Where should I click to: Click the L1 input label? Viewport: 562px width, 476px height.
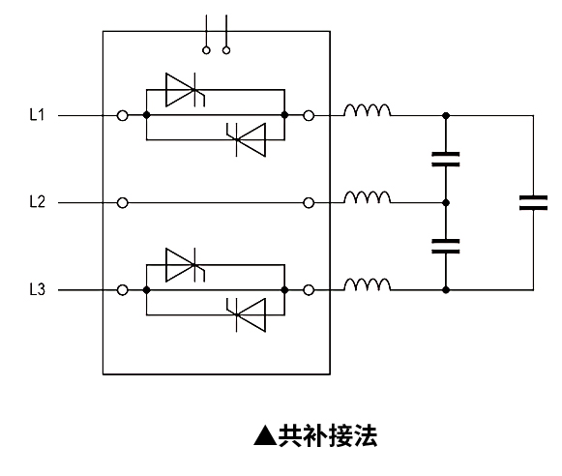coord(37,115)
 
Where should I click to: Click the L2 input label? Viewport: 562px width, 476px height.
coord(38,202)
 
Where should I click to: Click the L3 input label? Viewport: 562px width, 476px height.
coord(38,289)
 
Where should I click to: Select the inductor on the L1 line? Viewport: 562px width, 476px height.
coord(368,110)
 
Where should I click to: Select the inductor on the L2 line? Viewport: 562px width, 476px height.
coord(368,197)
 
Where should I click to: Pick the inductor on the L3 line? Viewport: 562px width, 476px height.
coord(368,284)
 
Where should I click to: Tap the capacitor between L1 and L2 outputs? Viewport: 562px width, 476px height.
coord(446,160)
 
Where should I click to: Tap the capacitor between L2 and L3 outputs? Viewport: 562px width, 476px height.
coord(446,247)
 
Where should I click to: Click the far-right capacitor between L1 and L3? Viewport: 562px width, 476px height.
coord(533,203)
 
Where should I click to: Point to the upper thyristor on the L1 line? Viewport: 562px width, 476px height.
coord(185,90)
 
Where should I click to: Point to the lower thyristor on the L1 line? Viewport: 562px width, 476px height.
coord(247,139)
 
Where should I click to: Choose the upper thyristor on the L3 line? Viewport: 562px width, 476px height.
coord(185,265)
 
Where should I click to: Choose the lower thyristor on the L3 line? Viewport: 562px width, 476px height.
coord(247,315)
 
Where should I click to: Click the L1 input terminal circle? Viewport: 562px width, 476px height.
coord(123,116)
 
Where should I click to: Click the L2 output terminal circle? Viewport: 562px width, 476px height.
coord(309,203)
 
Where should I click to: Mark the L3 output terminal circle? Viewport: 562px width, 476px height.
coord(309,290)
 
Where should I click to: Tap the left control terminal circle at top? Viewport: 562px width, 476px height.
coord(206,50)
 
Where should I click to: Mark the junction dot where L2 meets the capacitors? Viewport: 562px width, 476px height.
coord(446,203)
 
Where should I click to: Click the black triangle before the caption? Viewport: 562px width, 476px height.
coord(265,435)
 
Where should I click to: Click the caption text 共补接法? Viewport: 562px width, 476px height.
coord(328,435)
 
